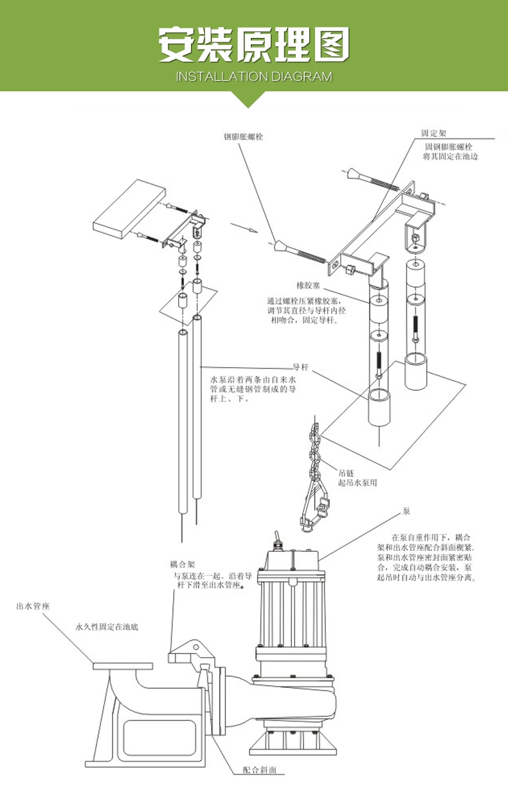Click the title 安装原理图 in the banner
(x=254, y=45)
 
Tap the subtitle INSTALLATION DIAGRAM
(x=254, y=77)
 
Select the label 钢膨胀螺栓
(x=244, y=137)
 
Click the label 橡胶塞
(x=308, y=285)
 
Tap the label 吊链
(x=345, y=473)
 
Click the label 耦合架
(x=182, y=564)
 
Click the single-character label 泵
(x=406, y=512)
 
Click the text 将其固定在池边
(x=450, y=156)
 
